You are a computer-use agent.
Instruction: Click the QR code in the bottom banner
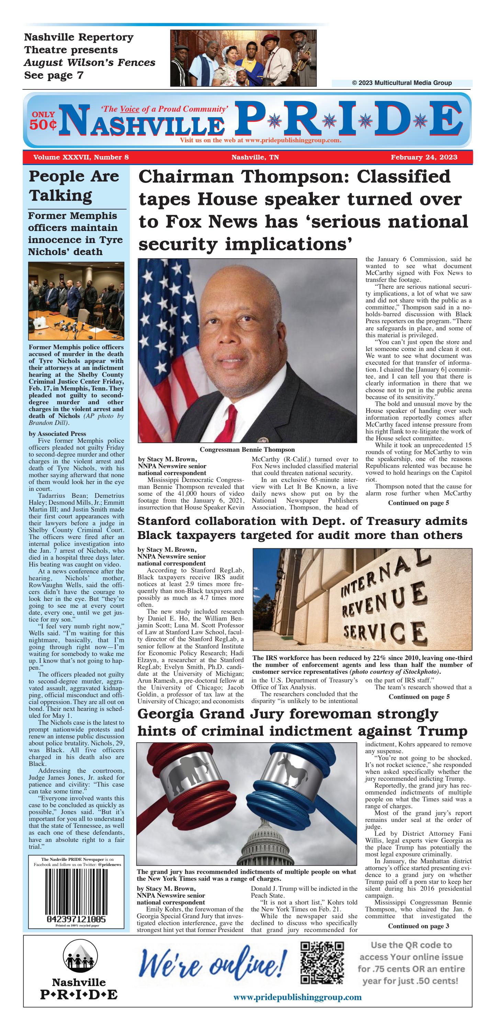[x=322, y=968]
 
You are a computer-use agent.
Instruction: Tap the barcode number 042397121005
[x=76, y=919]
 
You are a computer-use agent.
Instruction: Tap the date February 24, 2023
[x=424, y=157]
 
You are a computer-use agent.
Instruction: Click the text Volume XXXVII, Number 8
[x=81, y=157]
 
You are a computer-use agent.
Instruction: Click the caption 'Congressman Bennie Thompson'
[x=247, y=449]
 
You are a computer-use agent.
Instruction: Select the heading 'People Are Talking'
[x=74, y=186]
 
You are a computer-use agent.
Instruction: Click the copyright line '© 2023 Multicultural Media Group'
[x=402, y=83]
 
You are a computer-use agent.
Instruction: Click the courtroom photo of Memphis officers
[x=76, y=301]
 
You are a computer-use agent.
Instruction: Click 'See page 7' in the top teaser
[x=54, y=75]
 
